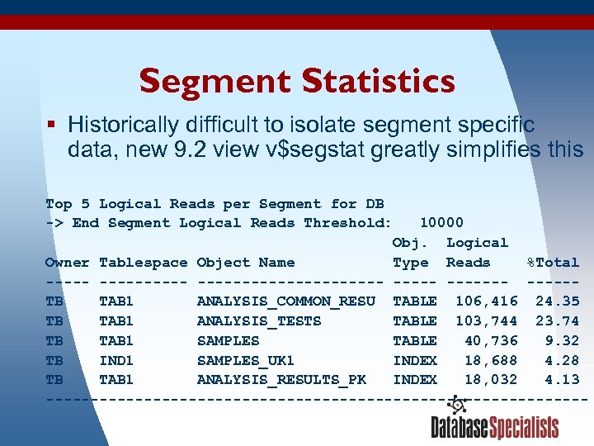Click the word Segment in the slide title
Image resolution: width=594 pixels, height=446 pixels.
click(215, 82)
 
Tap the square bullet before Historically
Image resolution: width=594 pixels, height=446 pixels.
click(51, 125)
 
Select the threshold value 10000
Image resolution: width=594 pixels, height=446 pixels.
click(441, 223)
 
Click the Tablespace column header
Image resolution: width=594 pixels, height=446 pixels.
click(143, 263)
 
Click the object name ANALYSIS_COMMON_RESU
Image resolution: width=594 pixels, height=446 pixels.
click(285, 301)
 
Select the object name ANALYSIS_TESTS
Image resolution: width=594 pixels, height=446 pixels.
click(259, 321)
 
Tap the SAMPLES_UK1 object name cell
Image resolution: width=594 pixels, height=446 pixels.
click(245, 360)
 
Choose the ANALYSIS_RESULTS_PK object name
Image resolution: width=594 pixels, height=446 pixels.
click(281, 380)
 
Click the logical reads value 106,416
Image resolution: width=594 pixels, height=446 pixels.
click(486, 301)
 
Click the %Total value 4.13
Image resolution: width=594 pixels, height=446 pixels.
click(562, 380)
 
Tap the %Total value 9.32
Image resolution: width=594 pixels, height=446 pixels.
click(562, 340)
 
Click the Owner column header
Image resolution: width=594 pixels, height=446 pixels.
click(67, 263)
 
